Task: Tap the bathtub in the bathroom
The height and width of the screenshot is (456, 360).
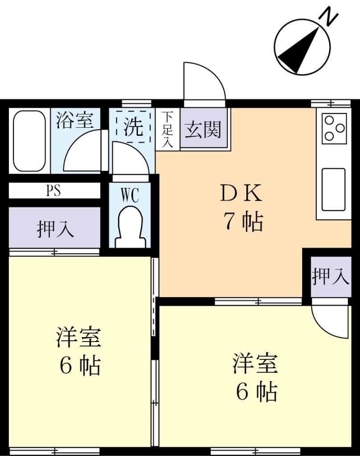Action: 29,141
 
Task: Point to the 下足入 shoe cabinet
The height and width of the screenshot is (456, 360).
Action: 168,129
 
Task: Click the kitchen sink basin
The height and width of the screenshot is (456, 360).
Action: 333,189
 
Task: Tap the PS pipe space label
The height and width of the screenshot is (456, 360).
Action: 53,191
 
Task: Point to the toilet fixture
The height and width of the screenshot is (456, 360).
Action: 130,228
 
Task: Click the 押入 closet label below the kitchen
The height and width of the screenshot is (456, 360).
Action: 329,276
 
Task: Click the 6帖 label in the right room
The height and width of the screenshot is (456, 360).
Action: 256,392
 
